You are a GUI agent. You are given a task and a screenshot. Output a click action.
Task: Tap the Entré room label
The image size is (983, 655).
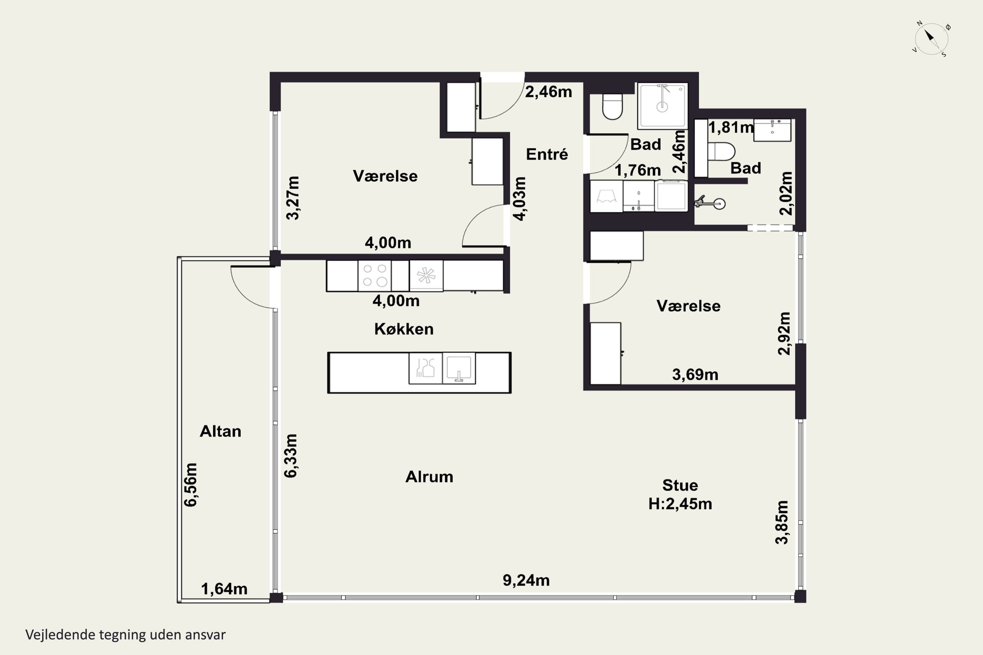[547, 154]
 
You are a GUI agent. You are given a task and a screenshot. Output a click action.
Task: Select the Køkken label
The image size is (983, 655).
[404, 329]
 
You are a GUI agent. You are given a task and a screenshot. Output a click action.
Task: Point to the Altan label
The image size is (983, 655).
[220, 431]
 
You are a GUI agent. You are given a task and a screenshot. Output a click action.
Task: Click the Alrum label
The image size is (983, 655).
[429, 477]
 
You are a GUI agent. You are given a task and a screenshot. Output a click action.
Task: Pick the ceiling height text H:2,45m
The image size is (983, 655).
[680, 504]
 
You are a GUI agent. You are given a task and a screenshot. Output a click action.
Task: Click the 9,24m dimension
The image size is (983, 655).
[526, 580]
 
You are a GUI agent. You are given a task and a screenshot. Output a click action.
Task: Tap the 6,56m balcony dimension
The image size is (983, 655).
[191, 485]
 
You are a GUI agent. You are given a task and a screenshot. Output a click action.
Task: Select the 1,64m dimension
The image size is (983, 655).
[224, 589]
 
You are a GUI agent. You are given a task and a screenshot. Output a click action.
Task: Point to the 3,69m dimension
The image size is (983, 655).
[695, 375]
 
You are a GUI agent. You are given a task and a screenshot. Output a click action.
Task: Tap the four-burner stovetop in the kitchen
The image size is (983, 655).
[375, 276]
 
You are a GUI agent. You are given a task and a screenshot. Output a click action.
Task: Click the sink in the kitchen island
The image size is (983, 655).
[459, 368]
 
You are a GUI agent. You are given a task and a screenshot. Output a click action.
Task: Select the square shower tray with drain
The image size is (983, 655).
[663, 106]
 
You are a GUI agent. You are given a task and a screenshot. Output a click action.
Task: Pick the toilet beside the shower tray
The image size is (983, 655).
[613, 106]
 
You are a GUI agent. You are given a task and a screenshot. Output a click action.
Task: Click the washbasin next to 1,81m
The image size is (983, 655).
[772, 130]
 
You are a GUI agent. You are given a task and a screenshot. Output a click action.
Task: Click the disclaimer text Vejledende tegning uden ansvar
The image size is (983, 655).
[125, 635]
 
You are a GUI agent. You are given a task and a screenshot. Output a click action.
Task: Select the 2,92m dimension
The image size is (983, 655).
[784, 334]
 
